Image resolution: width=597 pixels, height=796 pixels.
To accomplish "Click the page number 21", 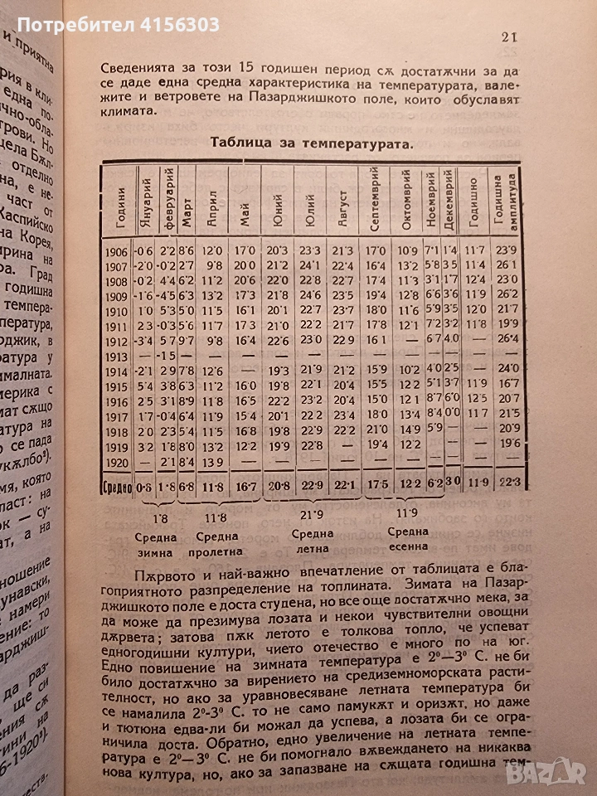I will click(x=511, y=36).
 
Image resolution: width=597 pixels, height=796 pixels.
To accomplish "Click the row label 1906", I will click(x=116, y=250).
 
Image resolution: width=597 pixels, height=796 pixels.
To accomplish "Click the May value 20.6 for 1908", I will click(x=244, y=280).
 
